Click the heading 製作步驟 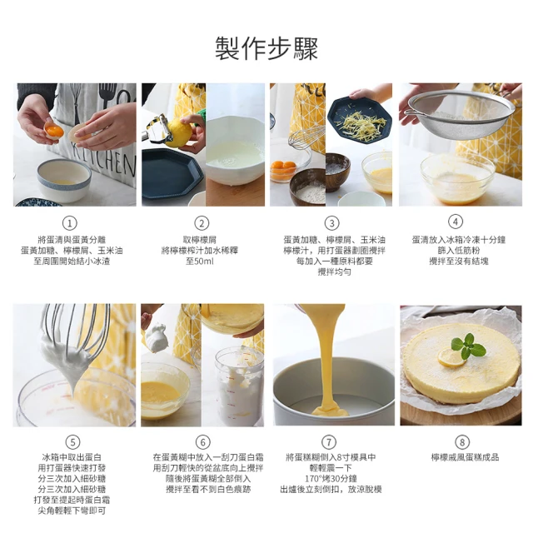[266, 48]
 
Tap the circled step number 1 [70, 223]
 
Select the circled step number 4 [456, 222]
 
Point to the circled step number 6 [203, 442]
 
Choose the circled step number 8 [462, 442]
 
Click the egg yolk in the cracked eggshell [54, 131]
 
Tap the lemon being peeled [179, 133]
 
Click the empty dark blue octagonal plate [172, 174]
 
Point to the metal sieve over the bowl [461, 114]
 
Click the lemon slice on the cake [451, 358]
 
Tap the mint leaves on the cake [468, 346]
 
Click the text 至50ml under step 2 [200, 262]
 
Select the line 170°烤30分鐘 [331, 479]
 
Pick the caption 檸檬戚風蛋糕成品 [465, 457]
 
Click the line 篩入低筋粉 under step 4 [459, 251]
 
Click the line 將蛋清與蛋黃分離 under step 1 [72, 240]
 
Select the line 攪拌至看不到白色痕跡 [208, 489]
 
